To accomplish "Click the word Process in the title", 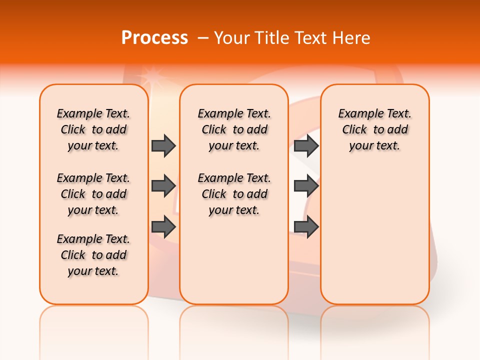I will tap(154, 38).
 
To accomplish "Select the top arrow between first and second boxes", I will tap(163, 145).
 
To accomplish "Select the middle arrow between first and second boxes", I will tap(163, 186).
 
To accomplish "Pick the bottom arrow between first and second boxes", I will tap(163, 226).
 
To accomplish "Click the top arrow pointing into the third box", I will tap(306, 145).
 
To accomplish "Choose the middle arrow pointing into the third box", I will tap(306, 186).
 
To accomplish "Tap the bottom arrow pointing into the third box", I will tap(306, 226).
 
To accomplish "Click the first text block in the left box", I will tap(93, 129).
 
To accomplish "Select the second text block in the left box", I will tap(93, 194).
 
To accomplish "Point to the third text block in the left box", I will tap(93, 255).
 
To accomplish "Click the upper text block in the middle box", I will tap(234, 129).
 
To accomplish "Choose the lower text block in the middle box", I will tap(234, 194).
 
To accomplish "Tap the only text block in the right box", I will tap(374, 129).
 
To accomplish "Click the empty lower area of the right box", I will tap(374, 230).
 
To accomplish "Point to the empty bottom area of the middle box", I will tap(234, 260).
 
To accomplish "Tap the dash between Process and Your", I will tap(203, 38).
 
